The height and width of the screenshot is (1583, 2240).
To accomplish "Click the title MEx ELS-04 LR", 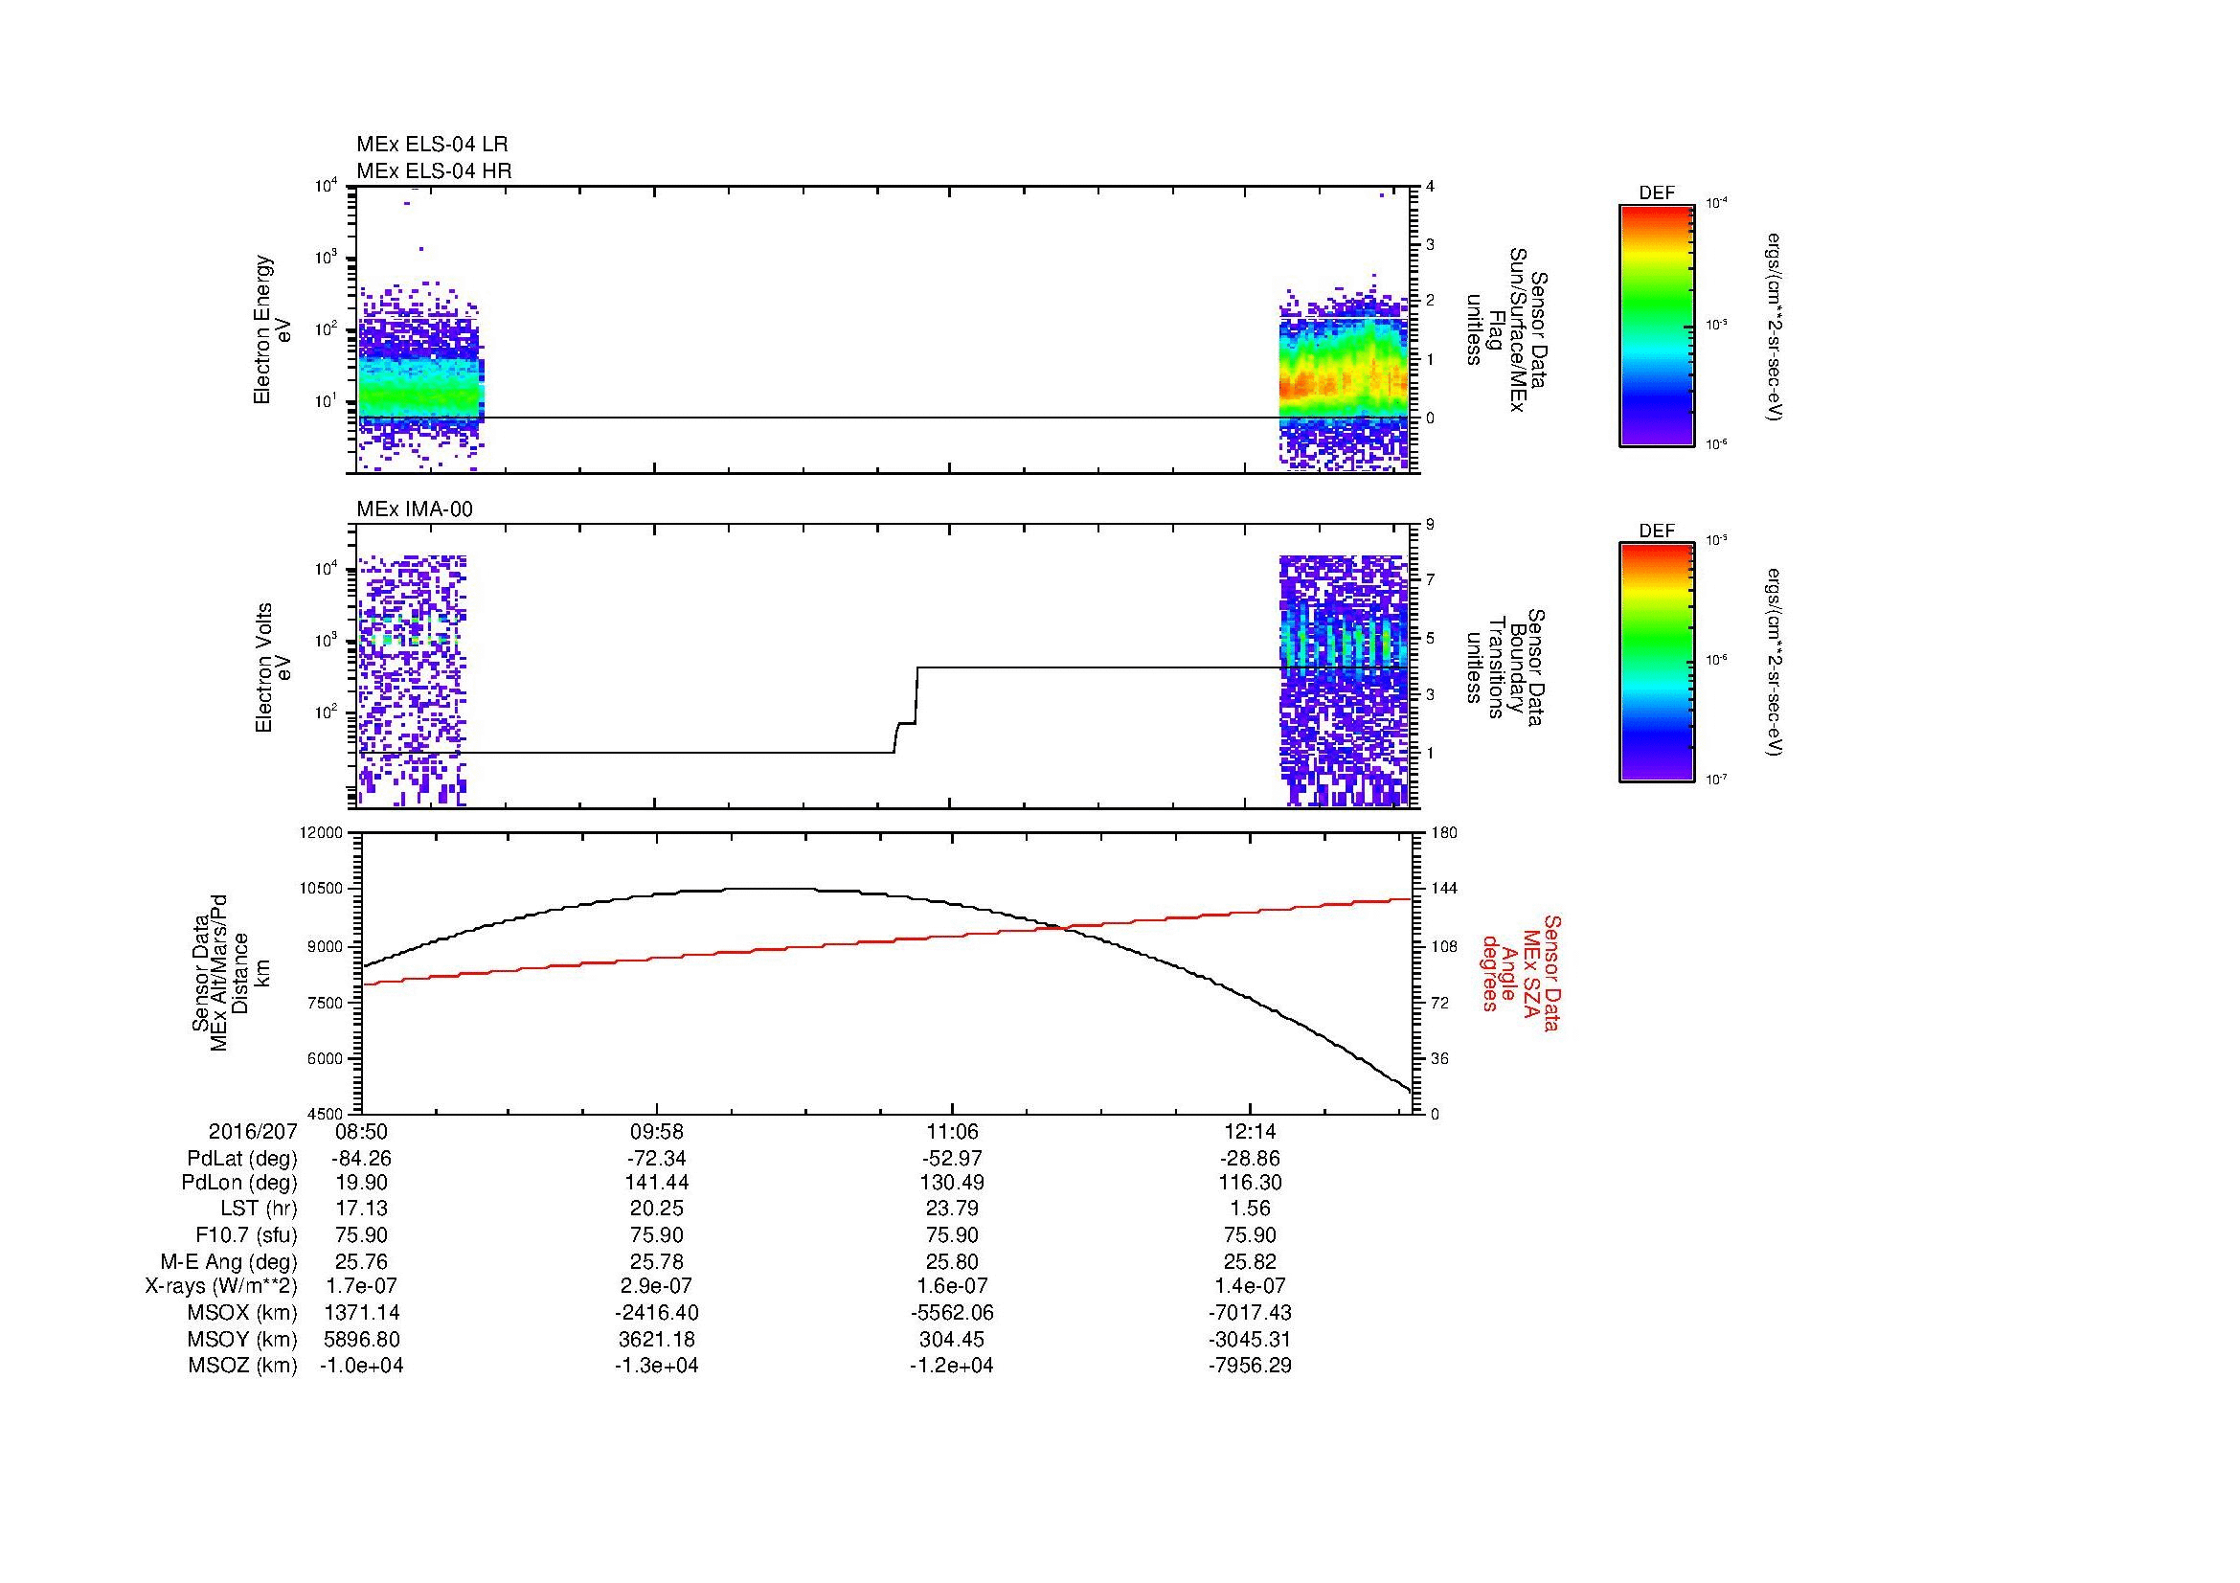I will tap(432, 145).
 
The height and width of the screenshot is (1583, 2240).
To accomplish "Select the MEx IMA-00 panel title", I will tap(415, 509).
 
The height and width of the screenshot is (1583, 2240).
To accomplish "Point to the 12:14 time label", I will tap(1250, 1132).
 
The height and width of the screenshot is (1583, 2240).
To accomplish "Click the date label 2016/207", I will tap(253, 1132).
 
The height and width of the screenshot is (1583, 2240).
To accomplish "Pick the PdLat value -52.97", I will tap(951, 1159).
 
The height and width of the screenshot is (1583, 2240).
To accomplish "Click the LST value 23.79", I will tap(951, 1210).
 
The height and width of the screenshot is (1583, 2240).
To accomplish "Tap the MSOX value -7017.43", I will tap(1250, 1313).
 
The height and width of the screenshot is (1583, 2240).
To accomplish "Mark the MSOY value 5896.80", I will tap(361, 1339).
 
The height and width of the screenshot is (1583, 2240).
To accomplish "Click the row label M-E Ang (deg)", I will tap(228, 1261).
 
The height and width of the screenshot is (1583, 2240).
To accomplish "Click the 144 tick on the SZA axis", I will tap(1443, 889).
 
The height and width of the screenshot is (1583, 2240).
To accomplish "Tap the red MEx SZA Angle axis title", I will tap(1521, 972).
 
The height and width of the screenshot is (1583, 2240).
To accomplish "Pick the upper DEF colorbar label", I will tap(1657, 193).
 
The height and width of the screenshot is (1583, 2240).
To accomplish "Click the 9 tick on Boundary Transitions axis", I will tap(1429, 525).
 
